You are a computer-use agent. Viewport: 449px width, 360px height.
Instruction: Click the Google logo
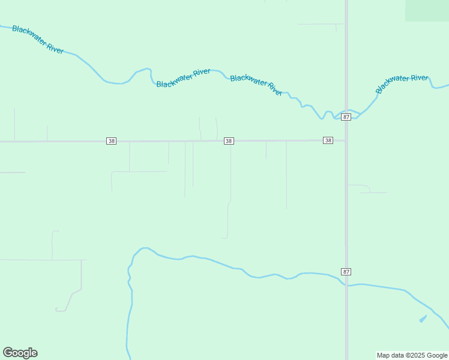pyautogui.click(x=20, y=353)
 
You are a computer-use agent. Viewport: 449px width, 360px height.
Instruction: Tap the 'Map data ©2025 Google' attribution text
pyautogui.click(x=412, y=355)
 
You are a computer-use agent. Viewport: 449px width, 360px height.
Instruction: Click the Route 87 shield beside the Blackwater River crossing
pyautogui.click(x=346, y=117)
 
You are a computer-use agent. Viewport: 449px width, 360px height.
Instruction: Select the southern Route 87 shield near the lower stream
pyautogui.click(x=346, y=272)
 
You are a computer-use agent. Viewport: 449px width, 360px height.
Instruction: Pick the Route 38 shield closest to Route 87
pyautogui.click(x=328, y=140)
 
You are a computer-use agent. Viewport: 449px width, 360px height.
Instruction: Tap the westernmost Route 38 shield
pyautogui.click(x=111, y=141)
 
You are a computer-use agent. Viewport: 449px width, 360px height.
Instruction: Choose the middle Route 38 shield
pyautogui.click(x=229, y=141)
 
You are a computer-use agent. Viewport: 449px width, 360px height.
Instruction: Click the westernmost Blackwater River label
pyautogui.click(x=38, y=40)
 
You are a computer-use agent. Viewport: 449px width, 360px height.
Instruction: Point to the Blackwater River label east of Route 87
pyautogui.click(x=402, y=83)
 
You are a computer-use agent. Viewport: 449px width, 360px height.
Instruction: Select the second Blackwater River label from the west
pyautogui.click(x=183, y=78)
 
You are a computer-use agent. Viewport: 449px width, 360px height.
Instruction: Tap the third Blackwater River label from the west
pyautogui.click(x=256, y=85)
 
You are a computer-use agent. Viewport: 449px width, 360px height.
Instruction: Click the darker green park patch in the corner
pyautogui.click(x=427, y=10)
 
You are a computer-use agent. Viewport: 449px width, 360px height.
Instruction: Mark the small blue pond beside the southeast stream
pyautogui.click(x=423, y=319)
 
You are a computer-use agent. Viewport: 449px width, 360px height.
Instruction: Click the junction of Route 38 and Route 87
pyautogui.click(x=346, y=141)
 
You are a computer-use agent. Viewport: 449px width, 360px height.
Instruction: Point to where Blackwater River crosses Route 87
pyautogui.click(x=346, y=112)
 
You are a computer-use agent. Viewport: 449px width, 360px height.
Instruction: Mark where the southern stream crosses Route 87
pyautogui.click(x=346, y=284)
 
